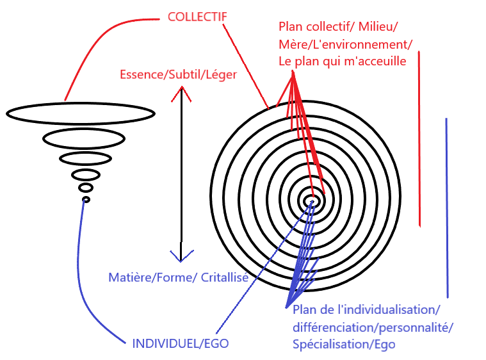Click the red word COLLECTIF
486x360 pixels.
[197, 16]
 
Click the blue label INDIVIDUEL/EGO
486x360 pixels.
[181, 343]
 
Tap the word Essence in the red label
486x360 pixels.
[141, 74]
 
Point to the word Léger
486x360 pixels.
[221, 74]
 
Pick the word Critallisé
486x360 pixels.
[225, 277]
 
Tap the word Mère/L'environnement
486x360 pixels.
[346, 44]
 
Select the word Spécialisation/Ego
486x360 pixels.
[344, 344]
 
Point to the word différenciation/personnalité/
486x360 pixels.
[373, 327]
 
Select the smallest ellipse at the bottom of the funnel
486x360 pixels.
[86, 200]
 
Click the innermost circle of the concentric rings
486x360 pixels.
[313, 200]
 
